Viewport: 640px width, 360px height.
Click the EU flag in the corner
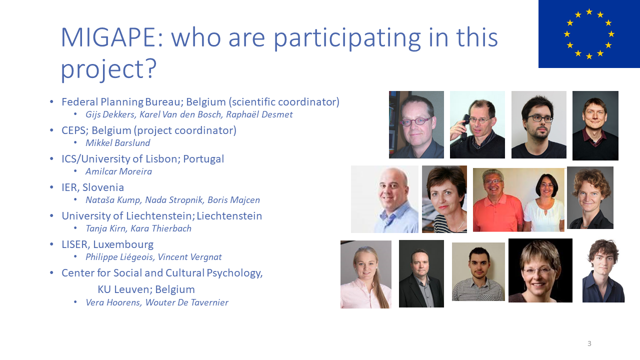pyautogui.click(x=589, y=33)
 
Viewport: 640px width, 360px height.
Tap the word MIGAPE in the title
pyautogui.click(x=112, y=37)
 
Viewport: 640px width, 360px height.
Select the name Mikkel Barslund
pyautogui.click(x=117, y=143)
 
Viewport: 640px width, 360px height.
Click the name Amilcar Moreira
pyautogui.click(x=119, y=171)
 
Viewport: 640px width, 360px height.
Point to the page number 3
pyautogui.click(x=589, y=343)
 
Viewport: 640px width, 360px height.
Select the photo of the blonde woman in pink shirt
pyautogui.click(x=365, y=274)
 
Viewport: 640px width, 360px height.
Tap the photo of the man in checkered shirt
pyautogui.click(x=478, y=271)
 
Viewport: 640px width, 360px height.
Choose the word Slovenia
pyautogui.click(x=103, y=187)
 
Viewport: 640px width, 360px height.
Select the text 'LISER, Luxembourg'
pyautogui.click(x=107, y=244)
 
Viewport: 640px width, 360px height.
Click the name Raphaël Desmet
pyautogui.click(x=259, y=114)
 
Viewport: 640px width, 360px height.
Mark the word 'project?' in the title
pyautogui.click(x=109, y=69)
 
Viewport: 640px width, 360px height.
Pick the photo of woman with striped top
pyautogui.click(x=444, y=199)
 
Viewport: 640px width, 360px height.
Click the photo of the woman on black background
pyautogui.click(x=540, y=270)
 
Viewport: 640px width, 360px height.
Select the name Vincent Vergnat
pyautogui.click(x=189, y=257)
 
